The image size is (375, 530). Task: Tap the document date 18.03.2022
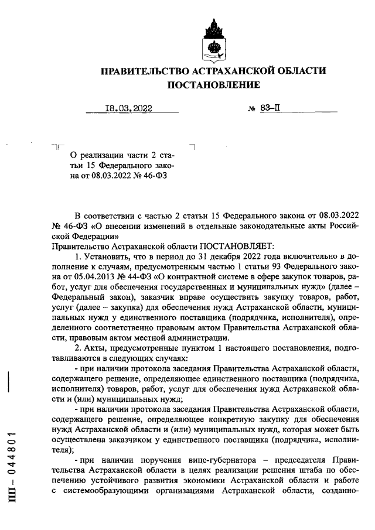pos(128,108)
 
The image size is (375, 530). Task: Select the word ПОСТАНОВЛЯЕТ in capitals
pos(227,247)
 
